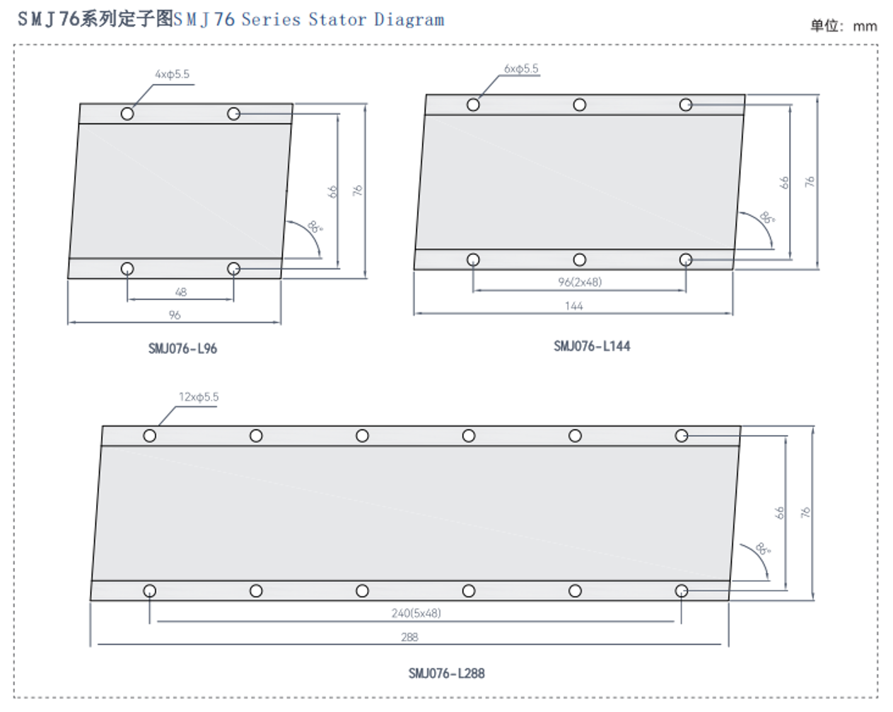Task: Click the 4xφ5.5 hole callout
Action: click(172, 74)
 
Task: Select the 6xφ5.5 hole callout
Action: click(521, 69)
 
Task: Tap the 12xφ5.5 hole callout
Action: click(198, 397)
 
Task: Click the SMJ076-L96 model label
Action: click(182, 348)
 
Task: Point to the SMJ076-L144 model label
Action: click(592, 345)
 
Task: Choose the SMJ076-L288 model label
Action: click(446, 673)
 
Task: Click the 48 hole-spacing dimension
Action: click(180, 292)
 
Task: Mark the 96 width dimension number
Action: click(175, 315)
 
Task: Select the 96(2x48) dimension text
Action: click(580, 282)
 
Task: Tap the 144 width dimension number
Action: click(573, 306)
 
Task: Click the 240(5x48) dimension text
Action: click(416, 613)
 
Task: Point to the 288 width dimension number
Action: click(409, 637)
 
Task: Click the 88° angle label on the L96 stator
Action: click(315, 227)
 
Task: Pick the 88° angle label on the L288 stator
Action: click(763, 549)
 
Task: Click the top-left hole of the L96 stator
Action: click(127, 114)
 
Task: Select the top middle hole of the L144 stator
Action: click(580, 105)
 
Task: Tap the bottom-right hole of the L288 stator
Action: click(682, 591)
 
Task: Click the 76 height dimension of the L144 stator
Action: click(810, 181)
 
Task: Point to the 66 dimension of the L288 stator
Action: click(779, 512)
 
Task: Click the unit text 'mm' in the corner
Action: click(865, 26)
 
